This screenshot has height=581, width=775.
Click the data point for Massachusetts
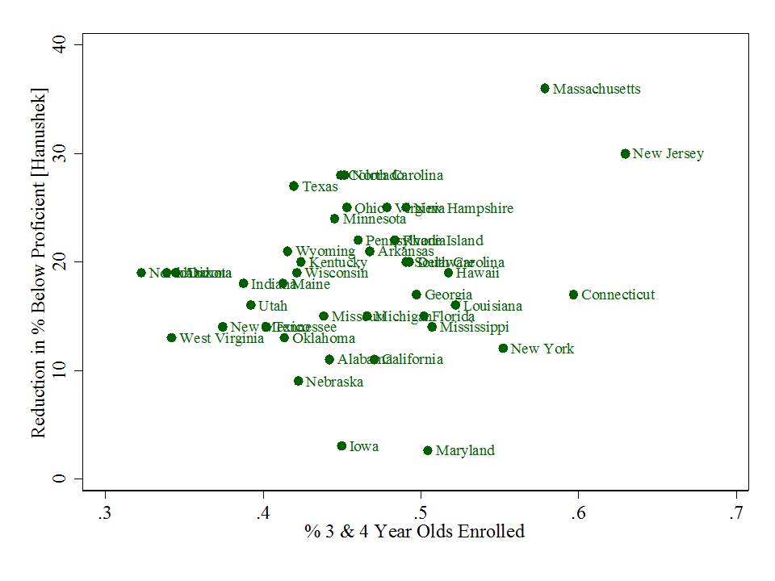(x=545, y=89)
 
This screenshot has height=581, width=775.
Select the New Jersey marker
(x=625, y=153)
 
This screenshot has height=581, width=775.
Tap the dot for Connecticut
(x=573, y=295)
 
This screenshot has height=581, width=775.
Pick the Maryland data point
(x=428, y=450)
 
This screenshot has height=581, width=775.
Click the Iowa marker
(x=341, y=446)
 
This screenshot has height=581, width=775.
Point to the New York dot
(x=503, y=349)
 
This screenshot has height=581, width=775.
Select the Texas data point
(x=294, y=186)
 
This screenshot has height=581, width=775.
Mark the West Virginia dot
(x=171, y=338)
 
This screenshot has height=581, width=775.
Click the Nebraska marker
(x=299, y=381)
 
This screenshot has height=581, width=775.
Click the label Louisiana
(x=492, y=306)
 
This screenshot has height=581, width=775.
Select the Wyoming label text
(x=325, y=252)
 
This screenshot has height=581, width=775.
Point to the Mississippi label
(x=474, y=327)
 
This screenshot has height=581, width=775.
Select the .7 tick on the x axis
(x=735, y=514)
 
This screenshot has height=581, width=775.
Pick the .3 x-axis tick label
(x=105, y=514)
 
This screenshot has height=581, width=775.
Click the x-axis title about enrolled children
(x=414, y=531)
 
